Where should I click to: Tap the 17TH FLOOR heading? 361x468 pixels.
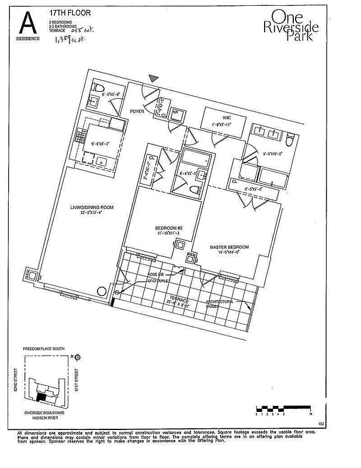tap(68, 11)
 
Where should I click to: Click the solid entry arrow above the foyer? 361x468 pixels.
tap(153, 78)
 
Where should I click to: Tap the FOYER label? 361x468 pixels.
tap(137, 109)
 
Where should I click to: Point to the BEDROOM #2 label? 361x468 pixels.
tap(155, 229)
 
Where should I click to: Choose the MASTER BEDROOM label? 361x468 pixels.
tap(230, 247)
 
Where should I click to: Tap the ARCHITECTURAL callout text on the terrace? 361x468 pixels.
tap(219, 301)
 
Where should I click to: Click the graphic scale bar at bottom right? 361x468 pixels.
tap(284, 408)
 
